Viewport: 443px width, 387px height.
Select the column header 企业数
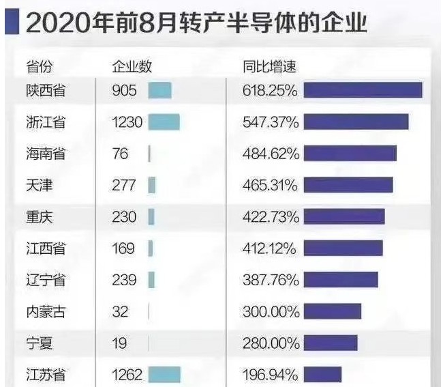pos(132,66)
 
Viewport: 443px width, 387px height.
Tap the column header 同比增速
pos(269,66)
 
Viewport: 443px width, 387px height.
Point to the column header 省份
pos(39,66)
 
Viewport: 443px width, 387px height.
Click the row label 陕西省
pos(46,91)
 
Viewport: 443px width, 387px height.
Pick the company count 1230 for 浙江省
pos(127,122)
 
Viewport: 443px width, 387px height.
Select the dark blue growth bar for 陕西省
pos(363,90)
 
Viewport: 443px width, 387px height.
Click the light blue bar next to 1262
pos(164,375)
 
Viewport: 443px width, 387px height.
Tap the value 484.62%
pos(271,154)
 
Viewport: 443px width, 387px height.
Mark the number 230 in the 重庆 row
pos(124,217)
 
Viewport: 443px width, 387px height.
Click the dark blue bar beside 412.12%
pos(343,248)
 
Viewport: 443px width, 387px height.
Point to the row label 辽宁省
pos(46,280)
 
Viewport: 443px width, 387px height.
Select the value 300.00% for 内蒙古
pos(271,312)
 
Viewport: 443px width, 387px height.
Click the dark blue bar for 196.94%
pos(322,375)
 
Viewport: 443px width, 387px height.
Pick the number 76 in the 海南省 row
pos(120,154)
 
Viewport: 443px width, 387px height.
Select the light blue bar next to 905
pos(159,91)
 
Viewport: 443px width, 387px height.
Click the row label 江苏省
pos(46,375)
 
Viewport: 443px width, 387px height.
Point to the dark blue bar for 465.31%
pos(348,185)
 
